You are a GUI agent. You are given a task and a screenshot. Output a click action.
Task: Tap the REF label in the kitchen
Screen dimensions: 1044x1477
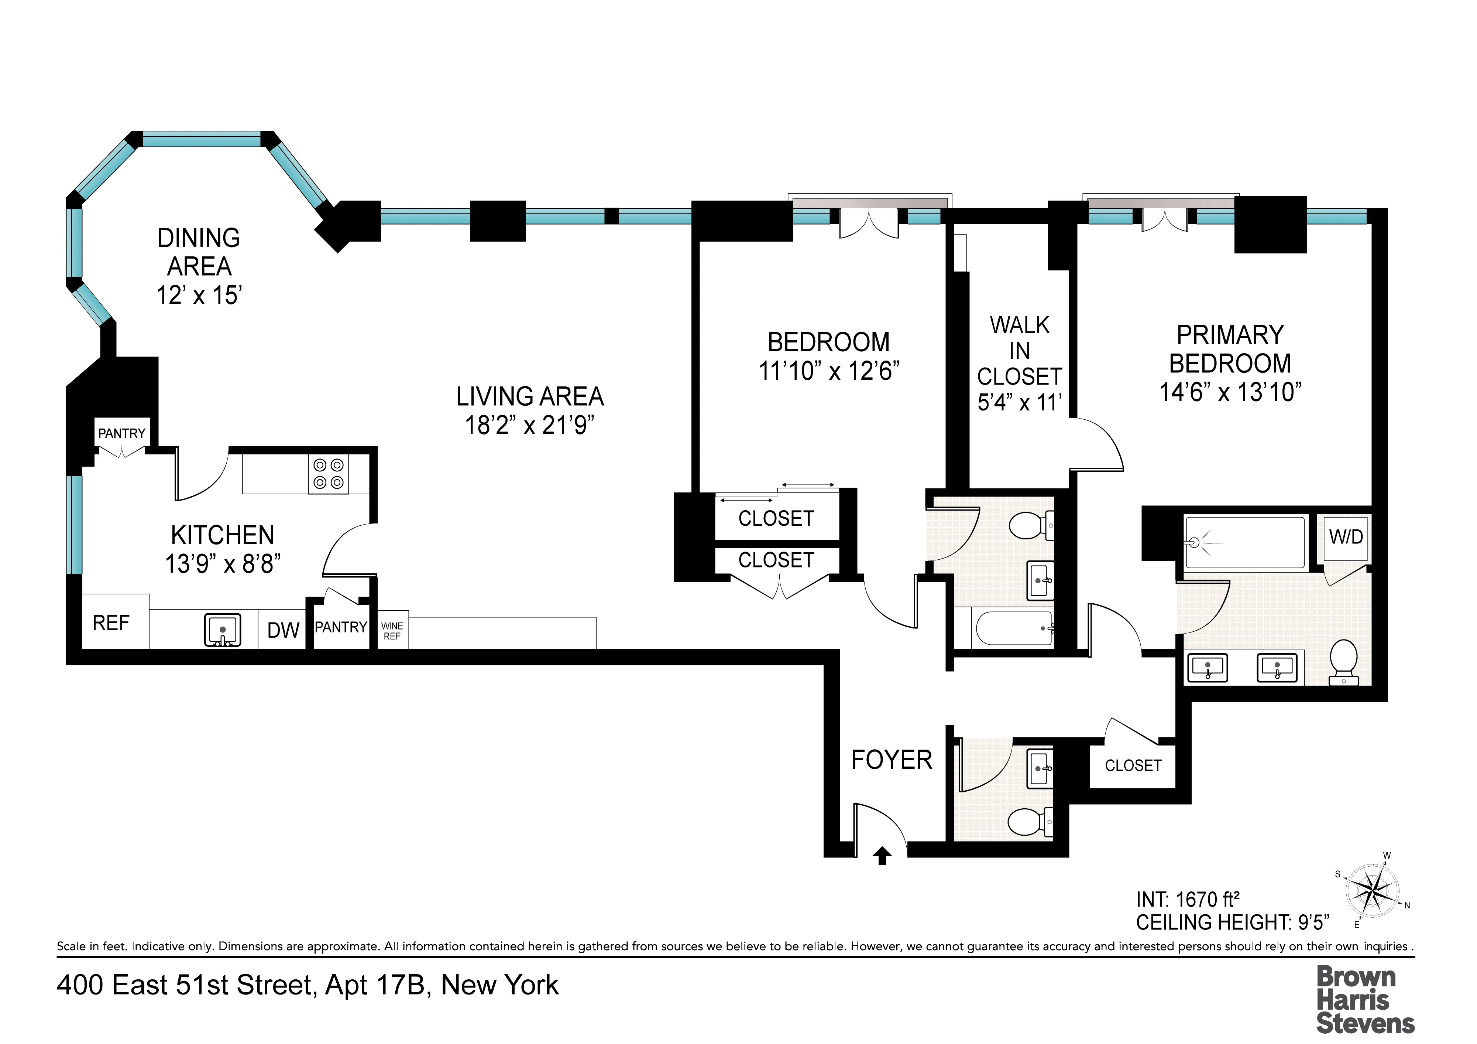point(111,623)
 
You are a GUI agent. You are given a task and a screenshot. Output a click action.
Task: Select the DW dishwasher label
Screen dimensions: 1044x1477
point(283,630)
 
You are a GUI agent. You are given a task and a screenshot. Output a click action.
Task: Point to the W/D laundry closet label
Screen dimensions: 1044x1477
point(1346,537)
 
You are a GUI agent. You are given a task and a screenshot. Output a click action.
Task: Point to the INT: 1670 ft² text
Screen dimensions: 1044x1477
point(1188,899)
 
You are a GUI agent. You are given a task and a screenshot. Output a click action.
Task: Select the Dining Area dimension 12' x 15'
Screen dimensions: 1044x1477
point(199,296)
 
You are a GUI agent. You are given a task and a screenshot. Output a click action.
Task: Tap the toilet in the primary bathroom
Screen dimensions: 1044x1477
point(1343,661)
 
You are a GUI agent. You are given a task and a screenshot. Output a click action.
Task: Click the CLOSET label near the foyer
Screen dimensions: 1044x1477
point(1133,766)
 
